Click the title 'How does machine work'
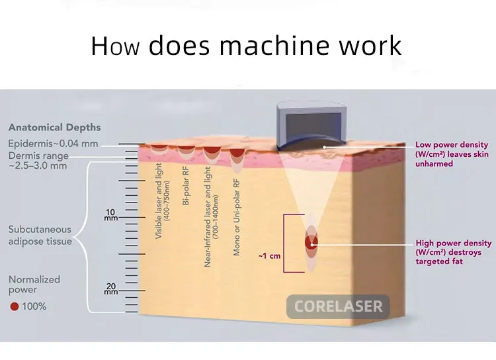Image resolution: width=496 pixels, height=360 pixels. pos(246,46)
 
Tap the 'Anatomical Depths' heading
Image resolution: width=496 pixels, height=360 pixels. pos(54,127)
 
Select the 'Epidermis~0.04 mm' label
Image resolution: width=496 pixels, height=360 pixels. pos(53,144)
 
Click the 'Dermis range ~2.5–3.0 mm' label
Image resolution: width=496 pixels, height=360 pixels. pos(38,161)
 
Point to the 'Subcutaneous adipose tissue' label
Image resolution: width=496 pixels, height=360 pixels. pos(40,235)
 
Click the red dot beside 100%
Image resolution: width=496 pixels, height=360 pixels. pos(15,306)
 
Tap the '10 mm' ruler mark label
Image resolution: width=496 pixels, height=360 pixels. pos(111,214)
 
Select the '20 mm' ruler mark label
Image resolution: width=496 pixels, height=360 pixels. pos(111,289)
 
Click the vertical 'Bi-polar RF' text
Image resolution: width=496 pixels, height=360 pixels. pos(186,186)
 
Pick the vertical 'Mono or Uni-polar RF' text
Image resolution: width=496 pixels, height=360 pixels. pos(237,217)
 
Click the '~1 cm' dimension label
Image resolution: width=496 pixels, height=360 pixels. pos(270,256)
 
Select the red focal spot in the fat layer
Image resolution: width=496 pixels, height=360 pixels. pos(311,242)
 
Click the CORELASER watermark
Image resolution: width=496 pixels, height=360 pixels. pos(338,306)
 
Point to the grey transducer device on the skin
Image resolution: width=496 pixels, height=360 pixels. pos(311,125)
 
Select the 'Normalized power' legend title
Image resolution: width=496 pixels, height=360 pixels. pos(34,285)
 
